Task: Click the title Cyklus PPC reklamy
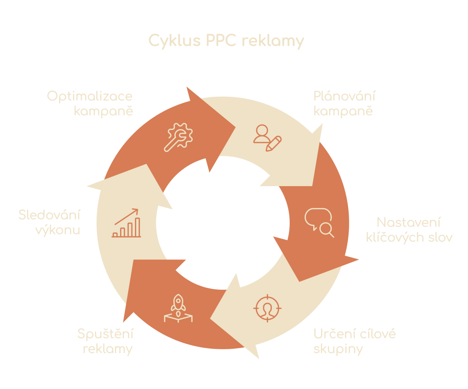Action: pyautogui.click(x=226, y=41)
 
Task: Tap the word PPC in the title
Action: pyautogui.click(x=220, y=41)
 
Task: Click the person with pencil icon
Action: pyautogui.click(x=267, y=137)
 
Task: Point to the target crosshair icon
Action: pyautogui.click(x=267, y=308)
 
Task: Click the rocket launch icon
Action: pyautogui.click(x=178, y=308)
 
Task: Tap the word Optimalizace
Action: pyautogui.click(x=90, y=96)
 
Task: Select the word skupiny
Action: pyautogui.click(x=338, y=348)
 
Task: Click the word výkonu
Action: pyautogui.click(x=58, y=230)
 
